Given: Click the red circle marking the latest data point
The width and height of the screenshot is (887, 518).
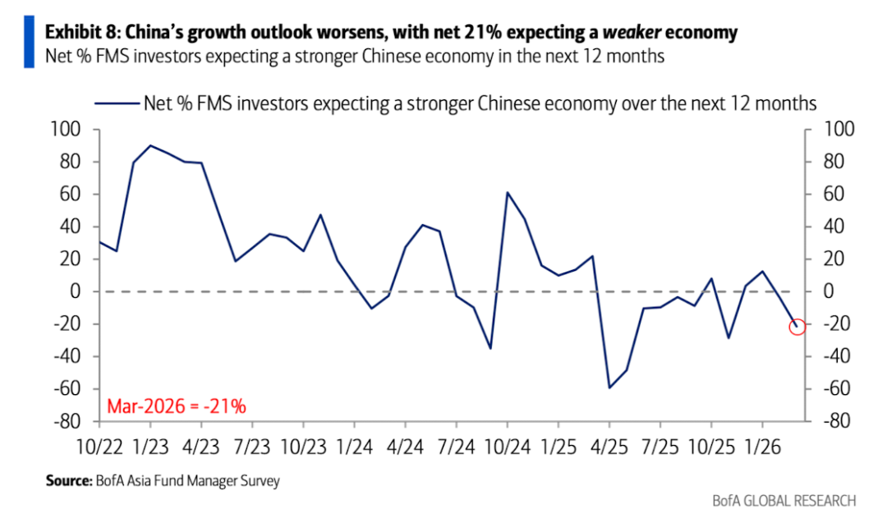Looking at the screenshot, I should click(797, 326).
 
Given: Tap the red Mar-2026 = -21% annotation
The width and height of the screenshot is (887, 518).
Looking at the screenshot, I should click(177, 406).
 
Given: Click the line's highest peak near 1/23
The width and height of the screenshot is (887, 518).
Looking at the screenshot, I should click(150, 145).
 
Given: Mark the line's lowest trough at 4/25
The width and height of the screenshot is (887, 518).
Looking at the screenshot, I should click(609, 387).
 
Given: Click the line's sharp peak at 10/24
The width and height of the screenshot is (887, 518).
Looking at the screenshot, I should click(507, 193).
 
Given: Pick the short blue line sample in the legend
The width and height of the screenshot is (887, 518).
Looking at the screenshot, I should click(116, 103).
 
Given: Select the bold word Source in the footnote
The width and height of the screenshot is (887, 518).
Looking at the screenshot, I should click(65, 481).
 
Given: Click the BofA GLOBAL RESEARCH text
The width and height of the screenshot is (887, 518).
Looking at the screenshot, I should click(784, 500).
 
